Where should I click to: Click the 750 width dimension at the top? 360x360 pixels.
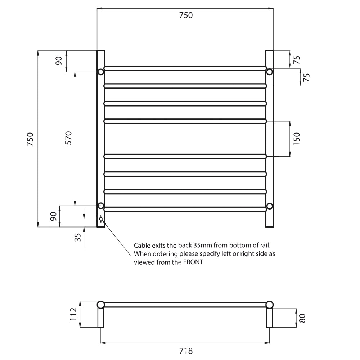click(x=185, y=15)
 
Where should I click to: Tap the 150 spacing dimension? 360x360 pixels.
click(x=297, y=139)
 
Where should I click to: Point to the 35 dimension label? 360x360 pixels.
click(x=77, y=238)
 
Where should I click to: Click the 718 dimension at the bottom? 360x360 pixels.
click(x=186, y=350)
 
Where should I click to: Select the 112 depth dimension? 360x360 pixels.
click(x=74, y=314)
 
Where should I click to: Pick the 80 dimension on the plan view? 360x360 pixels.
click(x=302, y=318)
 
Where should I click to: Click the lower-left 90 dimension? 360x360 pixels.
click(x=53, y=216)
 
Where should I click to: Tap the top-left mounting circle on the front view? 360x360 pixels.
click(x=101, y=72)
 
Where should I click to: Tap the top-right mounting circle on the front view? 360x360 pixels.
click(x=269, y=72)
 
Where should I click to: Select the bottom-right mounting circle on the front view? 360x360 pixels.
click(x=269, y=206)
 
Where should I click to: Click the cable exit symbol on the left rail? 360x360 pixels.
click(x=101, y=219)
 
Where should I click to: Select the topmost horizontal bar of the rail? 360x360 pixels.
click(x=185, y=68)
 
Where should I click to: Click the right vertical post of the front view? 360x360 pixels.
click(x=270, y=144)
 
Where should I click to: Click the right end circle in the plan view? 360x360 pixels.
click(x=269, y=305)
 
